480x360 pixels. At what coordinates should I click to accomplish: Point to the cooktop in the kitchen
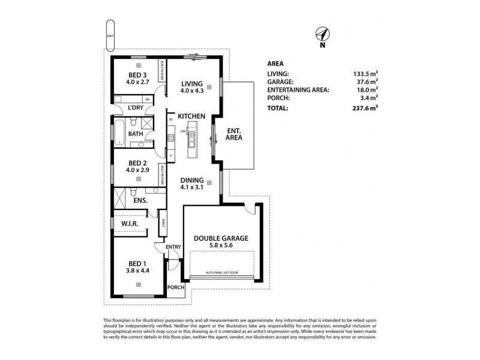click(171, 137)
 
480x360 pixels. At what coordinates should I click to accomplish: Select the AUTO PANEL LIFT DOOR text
click(220, 272)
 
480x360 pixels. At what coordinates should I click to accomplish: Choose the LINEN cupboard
click(163, 225)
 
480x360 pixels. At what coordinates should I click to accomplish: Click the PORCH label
click(176, 287)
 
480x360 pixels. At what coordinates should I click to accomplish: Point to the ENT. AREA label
click(233, 134)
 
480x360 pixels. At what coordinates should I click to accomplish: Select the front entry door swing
click(172, 260)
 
